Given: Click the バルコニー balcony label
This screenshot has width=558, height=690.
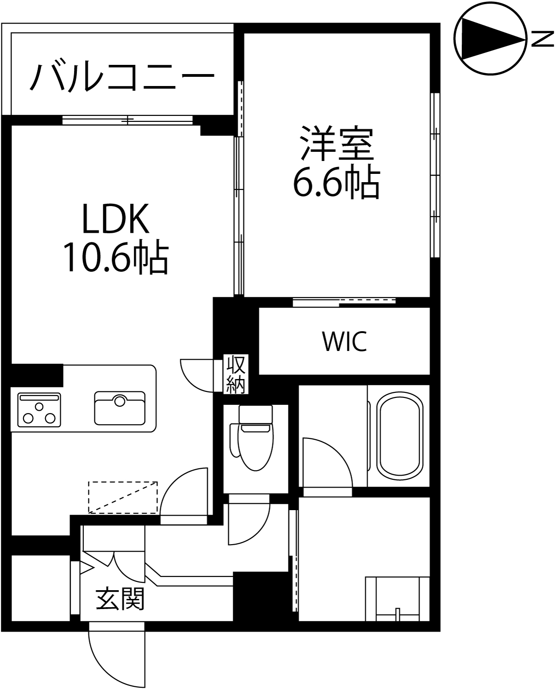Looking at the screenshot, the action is point(122,77).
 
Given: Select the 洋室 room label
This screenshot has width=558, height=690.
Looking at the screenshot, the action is point(337,143).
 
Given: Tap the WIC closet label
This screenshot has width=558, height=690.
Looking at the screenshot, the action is point(344,341).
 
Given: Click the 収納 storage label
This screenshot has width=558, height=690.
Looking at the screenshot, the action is point(236,374).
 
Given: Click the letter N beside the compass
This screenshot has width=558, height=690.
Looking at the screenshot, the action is point(542,39).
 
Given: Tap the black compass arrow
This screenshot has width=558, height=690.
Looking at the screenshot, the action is point(492,40).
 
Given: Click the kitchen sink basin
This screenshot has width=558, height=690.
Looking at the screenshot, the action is point(120,408).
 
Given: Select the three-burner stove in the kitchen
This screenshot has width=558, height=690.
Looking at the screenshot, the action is point(39,409).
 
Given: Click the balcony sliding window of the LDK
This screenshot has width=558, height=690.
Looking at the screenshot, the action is point(127,120).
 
